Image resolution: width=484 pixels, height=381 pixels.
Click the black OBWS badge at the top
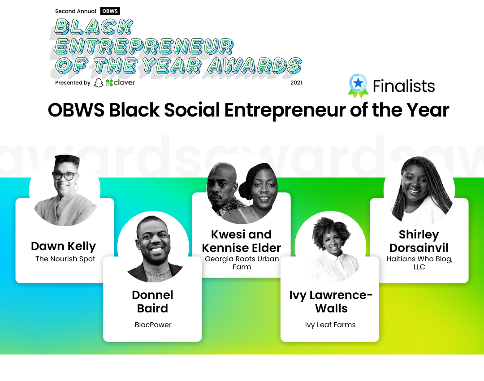110,11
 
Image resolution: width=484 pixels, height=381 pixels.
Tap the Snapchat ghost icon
99,83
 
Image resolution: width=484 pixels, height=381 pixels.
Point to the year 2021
296,82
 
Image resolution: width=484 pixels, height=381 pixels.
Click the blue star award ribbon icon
358,86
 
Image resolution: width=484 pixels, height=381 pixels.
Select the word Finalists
404,86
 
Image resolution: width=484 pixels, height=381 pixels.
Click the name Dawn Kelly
64,247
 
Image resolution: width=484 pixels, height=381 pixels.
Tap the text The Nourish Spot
65,259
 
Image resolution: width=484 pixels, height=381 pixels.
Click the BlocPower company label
153,325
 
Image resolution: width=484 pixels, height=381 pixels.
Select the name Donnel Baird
152,302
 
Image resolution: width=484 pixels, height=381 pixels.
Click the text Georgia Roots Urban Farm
242,263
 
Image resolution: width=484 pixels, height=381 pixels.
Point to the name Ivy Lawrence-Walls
331,302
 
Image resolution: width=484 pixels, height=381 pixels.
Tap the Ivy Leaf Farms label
330,325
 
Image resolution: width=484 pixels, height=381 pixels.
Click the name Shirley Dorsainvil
419,241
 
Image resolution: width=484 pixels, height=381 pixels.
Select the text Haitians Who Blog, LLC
419,263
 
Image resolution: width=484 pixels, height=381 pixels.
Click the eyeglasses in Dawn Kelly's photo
65,176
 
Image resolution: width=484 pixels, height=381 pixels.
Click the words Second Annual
76,11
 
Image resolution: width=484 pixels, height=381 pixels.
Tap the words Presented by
73,83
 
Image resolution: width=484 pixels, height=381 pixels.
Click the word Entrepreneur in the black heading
285,110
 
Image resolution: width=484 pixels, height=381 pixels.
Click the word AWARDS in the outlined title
255,65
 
